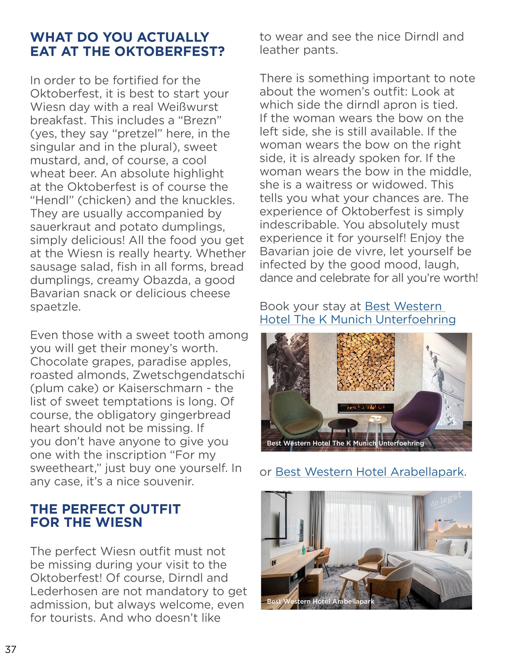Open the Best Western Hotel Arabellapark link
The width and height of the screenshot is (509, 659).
pos(369,472)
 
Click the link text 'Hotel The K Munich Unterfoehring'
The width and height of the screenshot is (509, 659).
pos(358,319)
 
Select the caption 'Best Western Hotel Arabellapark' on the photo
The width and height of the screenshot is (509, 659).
pos(320,601)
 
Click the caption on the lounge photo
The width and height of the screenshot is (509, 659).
pos(345,443)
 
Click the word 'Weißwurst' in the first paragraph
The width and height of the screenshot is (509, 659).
pos(188,107)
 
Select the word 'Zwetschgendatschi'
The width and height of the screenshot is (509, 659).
pos(189,375)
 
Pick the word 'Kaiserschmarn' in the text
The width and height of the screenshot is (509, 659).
pos(160,388)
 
